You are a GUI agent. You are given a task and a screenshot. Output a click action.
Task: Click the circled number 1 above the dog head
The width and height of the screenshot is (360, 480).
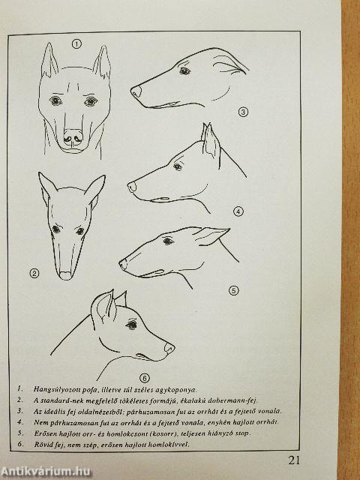tap(76, 44)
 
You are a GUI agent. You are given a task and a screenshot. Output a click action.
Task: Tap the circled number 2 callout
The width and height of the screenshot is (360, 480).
tap(34, 272)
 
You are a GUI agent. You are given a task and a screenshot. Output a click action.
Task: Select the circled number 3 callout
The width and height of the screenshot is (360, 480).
tap(242, 112)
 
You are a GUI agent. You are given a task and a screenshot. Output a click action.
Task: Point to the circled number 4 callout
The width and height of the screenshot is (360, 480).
tap(238, 211)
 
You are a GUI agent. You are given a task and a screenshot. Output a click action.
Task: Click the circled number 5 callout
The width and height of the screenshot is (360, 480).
tap(233, 289)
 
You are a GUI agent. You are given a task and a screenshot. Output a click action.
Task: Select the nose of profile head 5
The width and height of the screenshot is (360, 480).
tap(123, 264)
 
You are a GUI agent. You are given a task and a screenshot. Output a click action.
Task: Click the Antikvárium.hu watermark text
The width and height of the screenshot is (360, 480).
tap(37, 470)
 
